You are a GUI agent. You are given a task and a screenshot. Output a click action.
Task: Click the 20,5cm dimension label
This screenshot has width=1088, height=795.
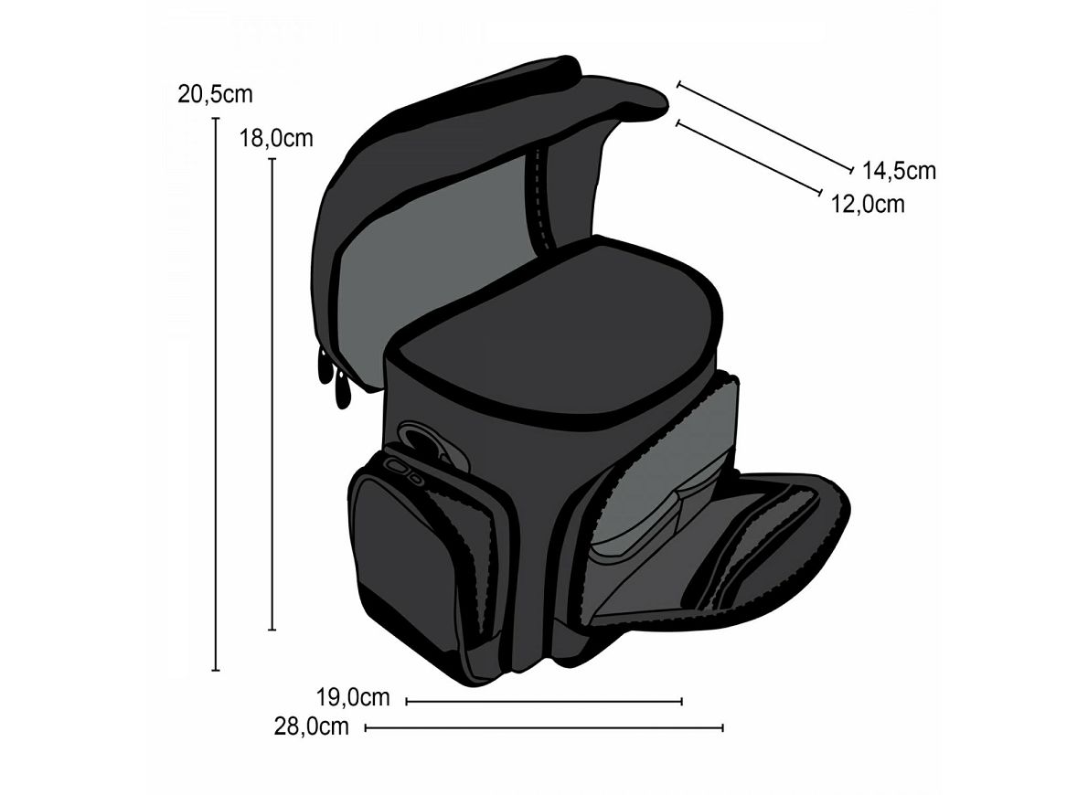click(215, 93)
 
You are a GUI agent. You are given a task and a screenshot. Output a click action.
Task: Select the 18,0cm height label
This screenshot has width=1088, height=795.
click(276, 139)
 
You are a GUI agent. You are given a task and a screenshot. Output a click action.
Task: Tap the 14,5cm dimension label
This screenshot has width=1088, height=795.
click(900, 170)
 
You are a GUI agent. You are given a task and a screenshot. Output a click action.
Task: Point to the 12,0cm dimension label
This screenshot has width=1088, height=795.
click(868, 204)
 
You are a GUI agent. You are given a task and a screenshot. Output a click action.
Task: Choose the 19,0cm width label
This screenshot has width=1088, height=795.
click(353, 696)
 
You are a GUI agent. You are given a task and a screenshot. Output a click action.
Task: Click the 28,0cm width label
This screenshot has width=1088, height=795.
click(312, 726)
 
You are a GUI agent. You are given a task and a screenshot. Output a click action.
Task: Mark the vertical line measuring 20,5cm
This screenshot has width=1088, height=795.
click(216, 394)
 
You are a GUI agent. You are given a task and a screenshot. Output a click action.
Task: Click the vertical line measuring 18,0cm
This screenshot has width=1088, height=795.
click(272, 394)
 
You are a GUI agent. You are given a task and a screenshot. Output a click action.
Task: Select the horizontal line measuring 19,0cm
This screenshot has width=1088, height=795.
click(544, 702)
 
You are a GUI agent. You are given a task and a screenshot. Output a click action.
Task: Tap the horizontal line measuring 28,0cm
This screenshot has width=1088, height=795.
click(545, 727)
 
